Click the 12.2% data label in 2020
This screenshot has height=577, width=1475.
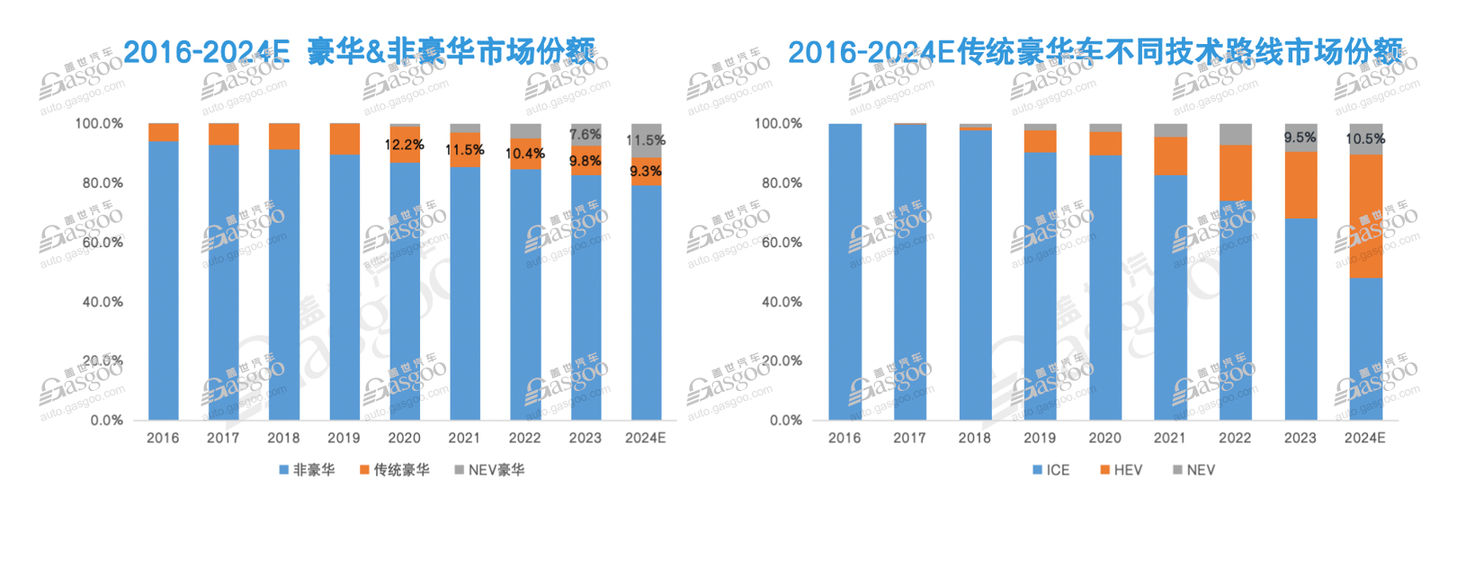404,145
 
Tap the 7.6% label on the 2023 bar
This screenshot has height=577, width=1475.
585,135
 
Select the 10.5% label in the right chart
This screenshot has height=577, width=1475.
1364,139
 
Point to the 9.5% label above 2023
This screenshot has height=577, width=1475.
1300,138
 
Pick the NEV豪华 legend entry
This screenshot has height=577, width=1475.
489,470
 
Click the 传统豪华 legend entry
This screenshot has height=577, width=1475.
395,470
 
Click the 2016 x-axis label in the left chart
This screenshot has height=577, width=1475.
163,439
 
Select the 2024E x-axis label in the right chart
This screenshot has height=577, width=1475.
1364,439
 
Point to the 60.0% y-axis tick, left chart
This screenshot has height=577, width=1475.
103,243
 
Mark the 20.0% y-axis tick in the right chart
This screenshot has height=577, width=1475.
782,361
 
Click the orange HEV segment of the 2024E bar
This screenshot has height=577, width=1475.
1366,216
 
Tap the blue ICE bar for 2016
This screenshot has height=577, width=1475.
845,270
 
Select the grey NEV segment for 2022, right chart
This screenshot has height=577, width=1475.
1235,134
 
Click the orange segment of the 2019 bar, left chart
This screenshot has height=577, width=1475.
344,138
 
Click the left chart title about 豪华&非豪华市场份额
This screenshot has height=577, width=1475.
359,52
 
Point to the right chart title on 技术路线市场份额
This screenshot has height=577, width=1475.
1095,52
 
